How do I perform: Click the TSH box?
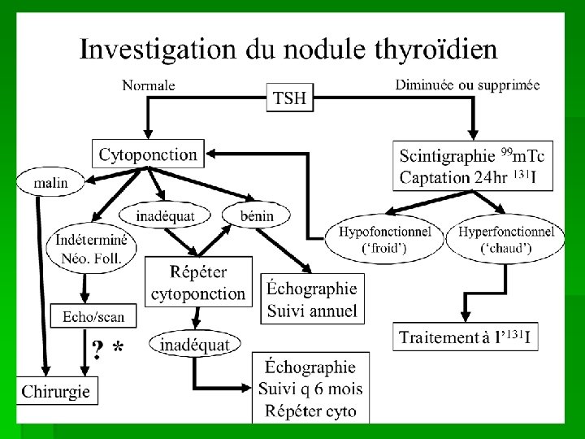click(290, 98)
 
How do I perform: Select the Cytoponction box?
click(148, 154)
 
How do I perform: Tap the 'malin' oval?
click(50, 182)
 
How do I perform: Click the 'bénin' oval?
click(258, 215)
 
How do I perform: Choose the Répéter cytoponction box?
click(198, 281)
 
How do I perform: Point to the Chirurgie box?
click(57, 390)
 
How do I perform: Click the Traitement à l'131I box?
click(467, 338)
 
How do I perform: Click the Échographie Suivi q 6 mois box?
click(310, 387)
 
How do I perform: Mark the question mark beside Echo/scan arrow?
click(97, 350)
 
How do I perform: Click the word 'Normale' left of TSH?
click(148, 84)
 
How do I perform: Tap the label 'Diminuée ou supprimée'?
click(467, 84)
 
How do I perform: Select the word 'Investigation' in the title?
click(150, 50)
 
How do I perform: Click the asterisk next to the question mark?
click(119, 348)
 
